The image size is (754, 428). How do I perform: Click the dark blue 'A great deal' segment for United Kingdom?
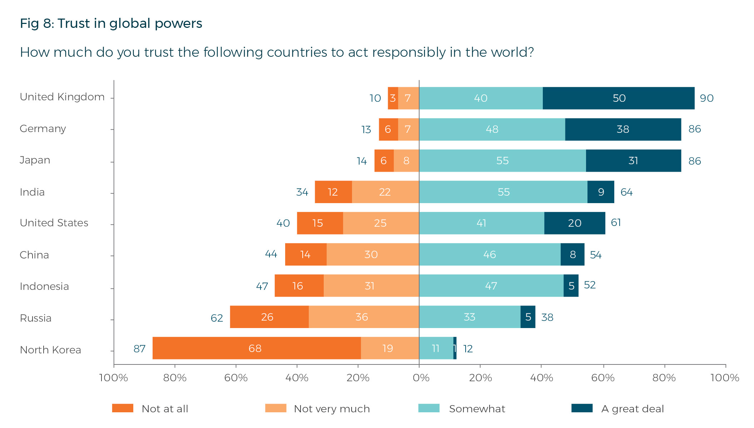click(619, 98)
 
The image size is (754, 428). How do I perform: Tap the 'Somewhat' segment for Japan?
click(502, 161)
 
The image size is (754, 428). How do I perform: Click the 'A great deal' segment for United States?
click(575, 223)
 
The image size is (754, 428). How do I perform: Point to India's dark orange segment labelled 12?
click(333, 192)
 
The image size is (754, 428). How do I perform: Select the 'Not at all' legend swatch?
click(123, 408)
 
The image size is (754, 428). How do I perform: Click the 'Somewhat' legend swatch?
click(429, 408)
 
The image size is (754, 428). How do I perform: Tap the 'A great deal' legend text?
click(632, 409)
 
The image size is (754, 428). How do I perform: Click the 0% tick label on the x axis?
click(421, 378)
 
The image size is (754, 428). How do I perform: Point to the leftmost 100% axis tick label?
click(113, 378)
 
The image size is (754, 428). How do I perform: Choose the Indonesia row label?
click(44, 286)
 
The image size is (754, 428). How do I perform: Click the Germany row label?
click(43, 129)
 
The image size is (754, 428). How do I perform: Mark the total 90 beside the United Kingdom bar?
click(706, 98)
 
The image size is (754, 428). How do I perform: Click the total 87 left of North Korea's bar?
click(139, 349)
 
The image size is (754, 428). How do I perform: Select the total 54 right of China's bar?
click(595, 255)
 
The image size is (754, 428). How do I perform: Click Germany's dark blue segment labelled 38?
click(623, 129)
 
